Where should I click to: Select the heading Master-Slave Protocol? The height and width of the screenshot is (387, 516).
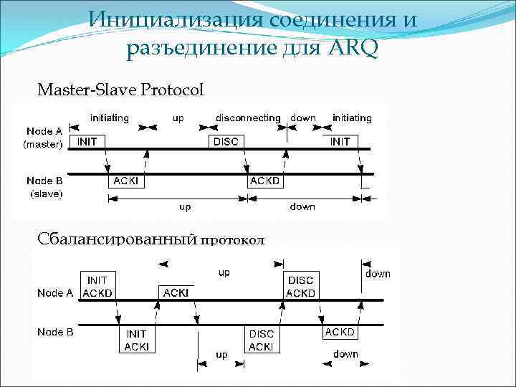[x=120, y=90]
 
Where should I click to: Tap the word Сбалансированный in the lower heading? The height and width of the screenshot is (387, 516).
[x=117, y=239]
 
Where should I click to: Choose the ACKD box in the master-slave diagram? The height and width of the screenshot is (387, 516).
[x=265, y=181]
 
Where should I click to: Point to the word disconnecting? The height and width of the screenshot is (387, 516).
[x=248, y=118]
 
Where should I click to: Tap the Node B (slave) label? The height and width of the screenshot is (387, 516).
[x=44, y=187]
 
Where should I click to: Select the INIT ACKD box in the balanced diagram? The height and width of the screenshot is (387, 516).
[x=97, y=286]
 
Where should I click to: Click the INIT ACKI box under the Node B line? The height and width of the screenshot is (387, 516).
[x=136, y=340]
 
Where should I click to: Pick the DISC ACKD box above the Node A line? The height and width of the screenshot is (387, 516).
[x=300, y=286]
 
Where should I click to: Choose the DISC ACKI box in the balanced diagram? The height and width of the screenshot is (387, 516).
[x=261, y=340]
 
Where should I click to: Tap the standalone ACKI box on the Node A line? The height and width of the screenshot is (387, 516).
[x=176, y=292]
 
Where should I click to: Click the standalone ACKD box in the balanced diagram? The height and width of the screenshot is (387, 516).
[x=340, y=333]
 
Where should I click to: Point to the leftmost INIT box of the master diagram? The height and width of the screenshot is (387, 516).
[x=87, y=141]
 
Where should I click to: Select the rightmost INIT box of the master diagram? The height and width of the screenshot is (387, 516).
[x=340, y=141]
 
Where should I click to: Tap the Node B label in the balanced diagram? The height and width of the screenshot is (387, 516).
[x=54, y=332]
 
